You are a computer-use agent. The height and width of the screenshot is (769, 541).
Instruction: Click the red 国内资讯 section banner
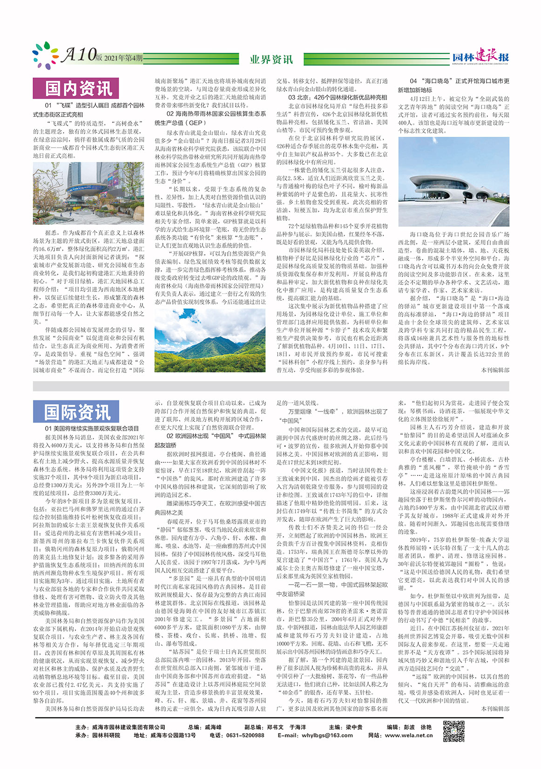pyautogui.click(x=76, y=88)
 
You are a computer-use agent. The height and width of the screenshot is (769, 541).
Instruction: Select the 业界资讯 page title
pyautogui.click(x=271, y=59)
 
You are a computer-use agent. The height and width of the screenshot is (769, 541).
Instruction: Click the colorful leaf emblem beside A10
pyautogui.click(x=46, y=55)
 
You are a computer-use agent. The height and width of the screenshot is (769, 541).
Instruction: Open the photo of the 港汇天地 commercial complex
pyautogui.click(x=88, y=193)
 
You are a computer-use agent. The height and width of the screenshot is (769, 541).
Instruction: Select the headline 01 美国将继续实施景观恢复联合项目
pyautogui.click(x=92, y=428)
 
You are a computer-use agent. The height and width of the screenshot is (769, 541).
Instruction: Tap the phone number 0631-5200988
pyautogui.click(x=243, y=735)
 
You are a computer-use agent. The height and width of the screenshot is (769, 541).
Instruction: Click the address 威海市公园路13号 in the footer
pyautogui.click(x=173, y=735)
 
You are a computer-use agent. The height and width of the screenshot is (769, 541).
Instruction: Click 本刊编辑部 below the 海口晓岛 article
pyautogui.click(x=495, y=370)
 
